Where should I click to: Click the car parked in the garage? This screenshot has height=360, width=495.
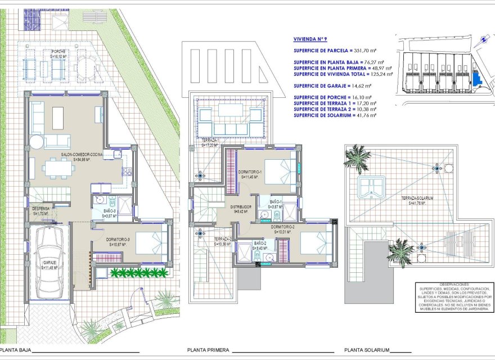47,262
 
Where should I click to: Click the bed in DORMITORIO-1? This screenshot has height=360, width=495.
279,170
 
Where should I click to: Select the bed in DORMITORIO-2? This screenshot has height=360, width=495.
315,241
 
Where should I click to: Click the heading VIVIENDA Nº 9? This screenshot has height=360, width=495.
310,40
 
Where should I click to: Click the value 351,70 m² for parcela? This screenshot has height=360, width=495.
368,50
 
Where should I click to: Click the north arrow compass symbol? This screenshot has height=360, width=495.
482,40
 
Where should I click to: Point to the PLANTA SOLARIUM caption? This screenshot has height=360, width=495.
367,350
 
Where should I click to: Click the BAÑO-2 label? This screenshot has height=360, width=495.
260,245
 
